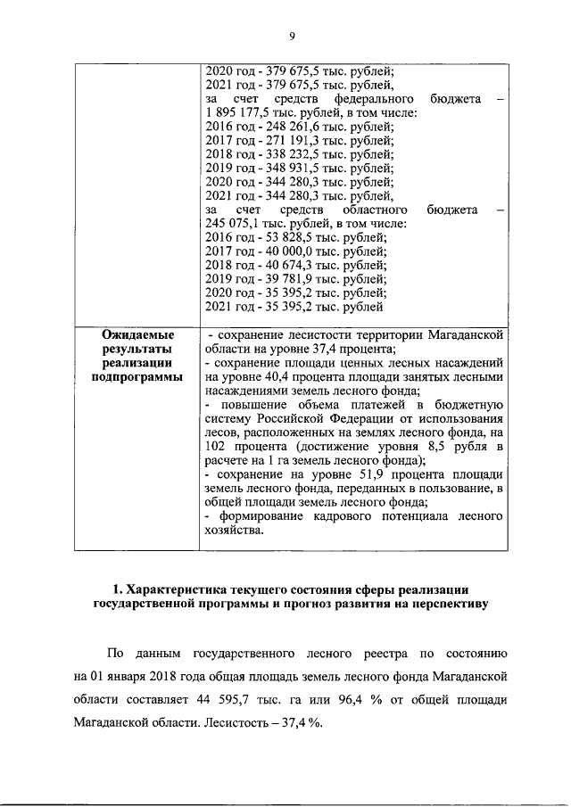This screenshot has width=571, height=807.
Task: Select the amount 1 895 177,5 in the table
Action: coord(236,111)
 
